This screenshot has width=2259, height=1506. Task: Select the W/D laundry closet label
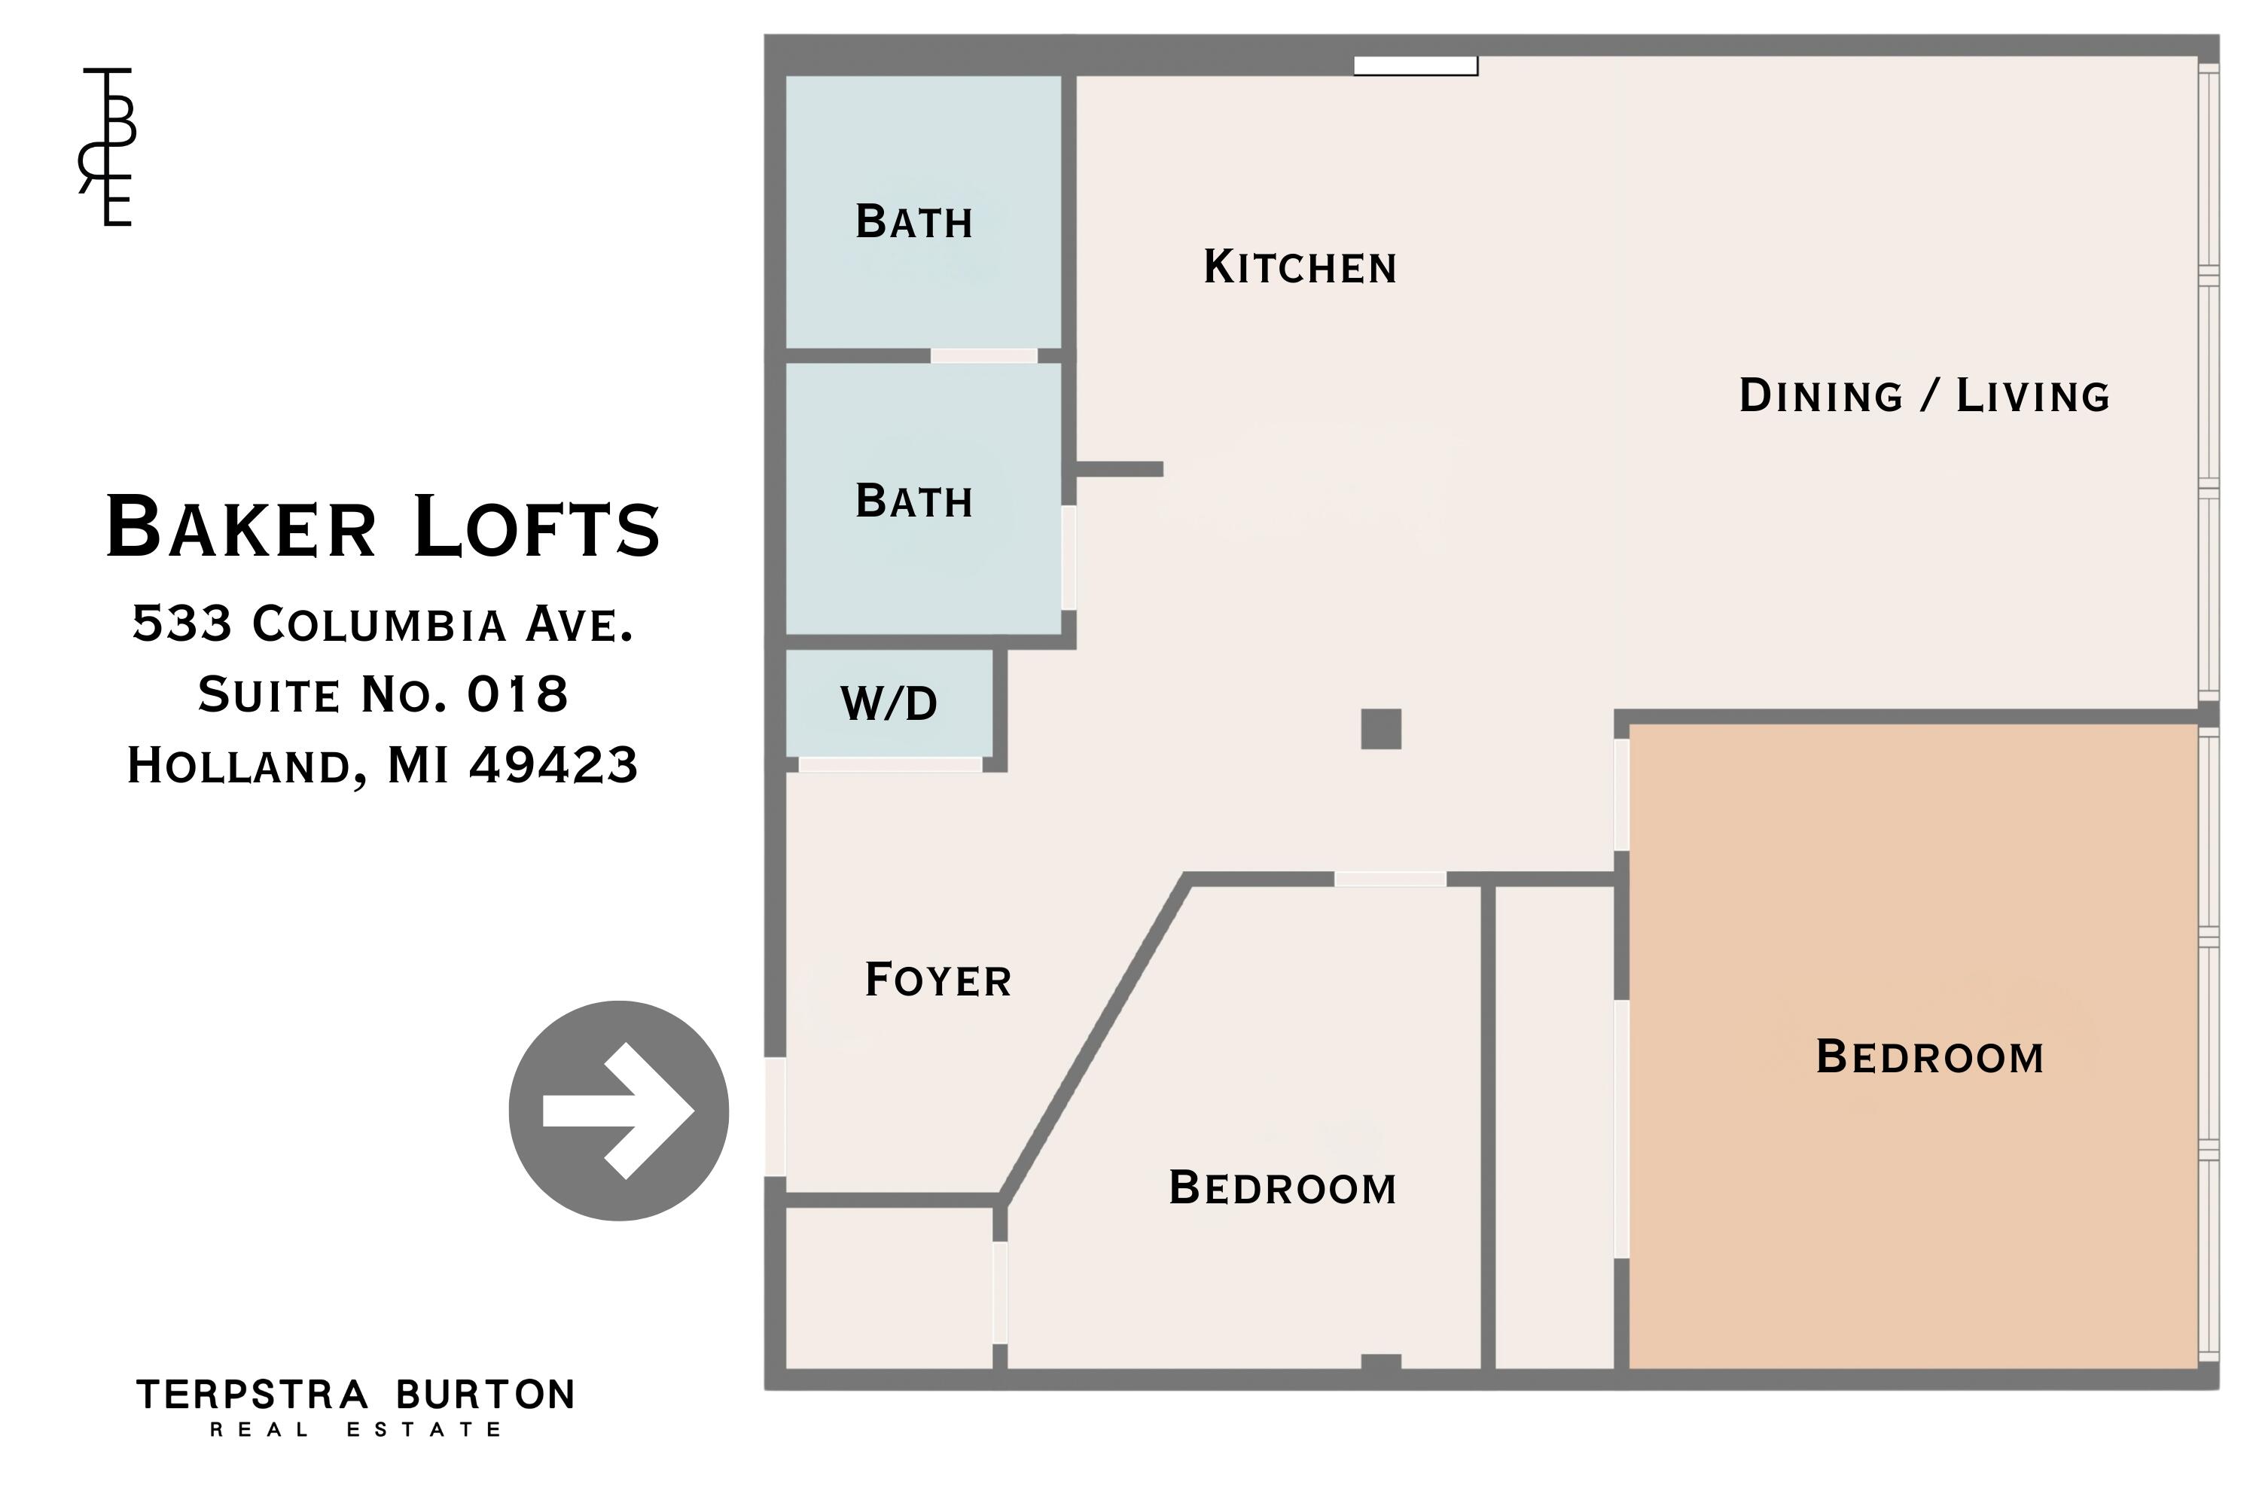pyautogui.click(x=889, y=703)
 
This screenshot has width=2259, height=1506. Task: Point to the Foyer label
pyautogui.click(x=937, y=980)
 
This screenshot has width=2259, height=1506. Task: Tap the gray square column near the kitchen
pyautogui.click(x=1381, y=729)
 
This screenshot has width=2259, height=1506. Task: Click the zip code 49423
pyautogui.click(x=553, y=766)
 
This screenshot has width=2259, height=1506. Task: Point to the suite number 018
pyautogui.click(x=518, y=694)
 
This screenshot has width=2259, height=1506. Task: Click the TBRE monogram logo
pyautogui.click(x=108, y=147)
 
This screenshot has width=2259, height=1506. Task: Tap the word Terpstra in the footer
pyautogui.click(x=252, y=1395)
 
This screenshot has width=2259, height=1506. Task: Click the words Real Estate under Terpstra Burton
pyautogui.click(x=355, y=1430)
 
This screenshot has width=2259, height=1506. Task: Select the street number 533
pyautogui.click(x=182, y=623)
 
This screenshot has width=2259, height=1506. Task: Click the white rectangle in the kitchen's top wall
pyautogui.click(x=1416, y=66)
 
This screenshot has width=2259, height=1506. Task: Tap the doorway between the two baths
pyautogui.click(x=983, y=355)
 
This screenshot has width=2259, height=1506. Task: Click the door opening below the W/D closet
pyautogui.click(x=890, y=764)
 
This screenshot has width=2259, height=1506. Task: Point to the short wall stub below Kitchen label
pyautogui.click(x=1120, y=468)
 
